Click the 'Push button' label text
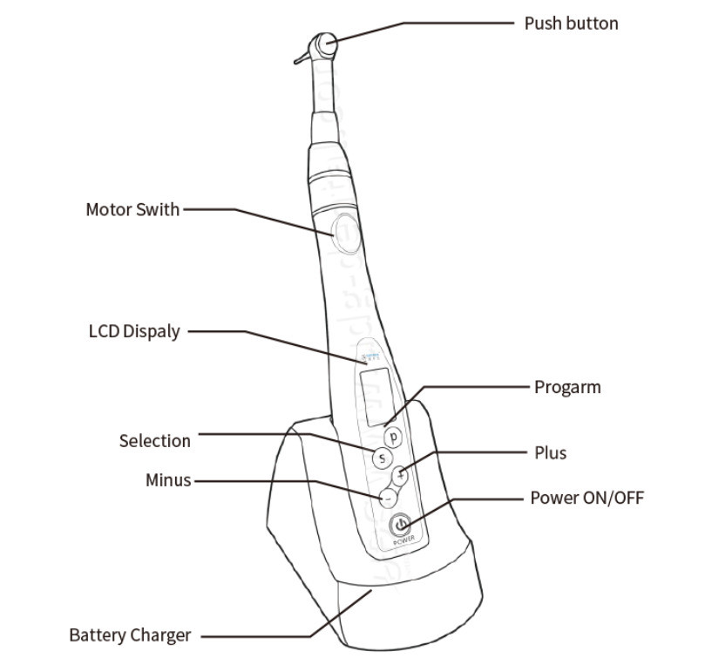pyautogui.click(x=571, y=24)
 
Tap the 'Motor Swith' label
pyautogui.click(x=132, y=209)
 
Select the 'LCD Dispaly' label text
pyautogui.click(x=134, y=331)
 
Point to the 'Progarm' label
pyautogui.click(x=567, y=387)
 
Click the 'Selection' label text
pyautogui.click(x=154, y=441)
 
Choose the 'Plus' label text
pyautogui.click(x=550, y=452)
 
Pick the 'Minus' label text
pyautogui.click(x=167, y=480)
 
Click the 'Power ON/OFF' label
pyautogui.click(x=587, y=498)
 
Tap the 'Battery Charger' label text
pyautogui.click(x=130, y=635)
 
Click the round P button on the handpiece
pyautogui.click(x=394, y=436)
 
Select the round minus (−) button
pyautogui.click(x=388, y=497)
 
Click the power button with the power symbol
pyautogui.click(x=401, y=525)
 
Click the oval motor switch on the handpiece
pyautogui.click(x=341, y=227)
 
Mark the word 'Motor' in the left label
pyautogui.click(x=108, y=209)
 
